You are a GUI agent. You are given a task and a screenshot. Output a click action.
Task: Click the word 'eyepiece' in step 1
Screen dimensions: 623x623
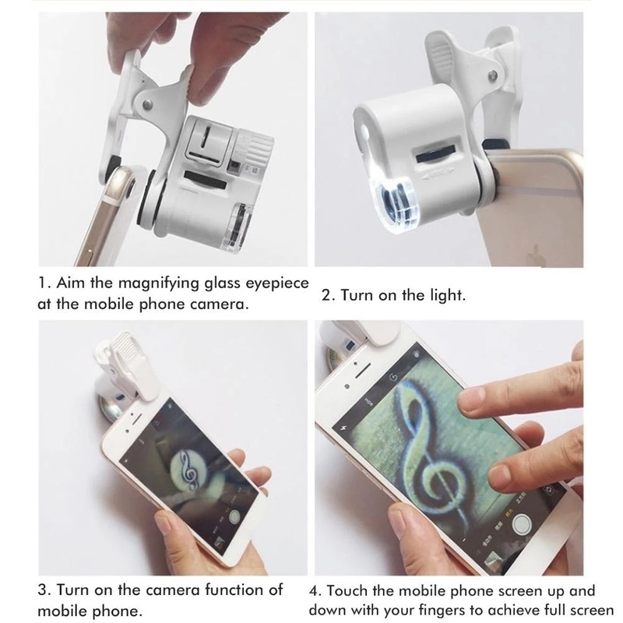pyautogui.click(x=277, y=283)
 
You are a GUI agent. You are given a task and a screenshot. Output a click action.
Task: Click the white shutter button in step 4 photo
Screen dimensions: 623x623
pyautogui.click(x=521, y=524)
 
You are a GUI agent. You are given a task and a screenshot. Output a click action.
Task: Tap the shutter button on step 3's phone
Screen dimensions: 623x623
pyautogui.click(x=235, y=516)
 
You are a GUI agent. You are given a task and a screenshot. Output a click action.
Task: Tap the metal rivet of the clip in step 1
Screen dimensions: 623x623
pyautogui.click(x=148, y=104)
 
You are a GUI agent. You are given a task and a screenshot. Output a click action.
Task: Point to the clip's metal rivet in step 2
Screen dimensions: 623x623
pyautogui.click(x=494, y=74)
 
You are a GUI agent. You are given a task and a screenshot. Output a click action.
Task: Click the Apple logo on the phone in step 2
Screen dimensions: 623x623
pyautogui.click(x=536, y=254)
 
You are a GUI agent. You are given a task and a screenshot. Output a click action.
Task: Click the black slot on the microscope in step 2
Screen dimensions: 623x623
pyautogui.click(x=436, y=153)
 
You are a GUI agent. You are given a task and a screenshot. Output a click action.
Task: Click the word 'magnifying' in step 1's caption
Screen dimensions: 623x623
pyautogui.click(x=160, y=283)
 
